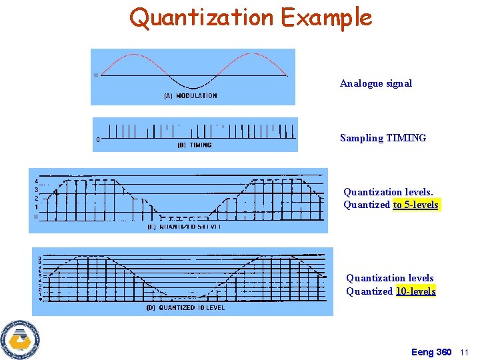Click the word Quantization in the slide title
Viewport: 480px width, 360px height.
(x=202, y=17)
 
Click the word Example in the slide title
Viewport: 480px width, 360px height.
(x=326, y=17)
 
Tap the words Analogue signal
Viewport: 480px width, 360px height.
(x=376, y=83)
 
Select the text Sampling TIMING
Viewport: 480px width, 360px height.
(x=383, y=138)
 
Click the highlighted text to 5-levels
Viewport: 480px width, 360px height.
(x=416, y=205)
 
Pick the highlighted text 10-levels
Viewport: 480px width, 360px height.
(x=415, y=291)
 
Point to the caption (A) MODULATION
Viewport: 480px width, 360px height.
(x=191, y=96)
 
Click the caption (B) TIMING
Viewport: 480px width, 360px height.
(x=195, y=145)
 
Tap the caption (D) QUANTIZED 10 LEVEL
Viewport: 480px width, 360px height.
(x=185, y=308)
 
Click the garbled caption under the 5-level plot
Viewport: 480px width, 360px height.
(x=184, y=227)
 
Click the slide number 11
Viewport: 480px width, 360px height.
(x=465, y=352)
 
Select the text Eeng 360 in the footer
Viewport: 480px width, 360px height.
(x=431, y=352)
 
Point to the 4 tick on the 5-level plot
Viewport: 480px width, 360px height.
(x=36, y=181)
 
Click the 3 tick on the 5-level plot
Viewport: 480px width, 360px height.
(x=36, y=190)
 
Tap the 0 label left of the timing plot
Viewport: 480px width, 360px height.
(x=98, y=139)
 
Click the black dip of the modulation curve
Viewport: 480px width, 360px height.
(x=193, y=87)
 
